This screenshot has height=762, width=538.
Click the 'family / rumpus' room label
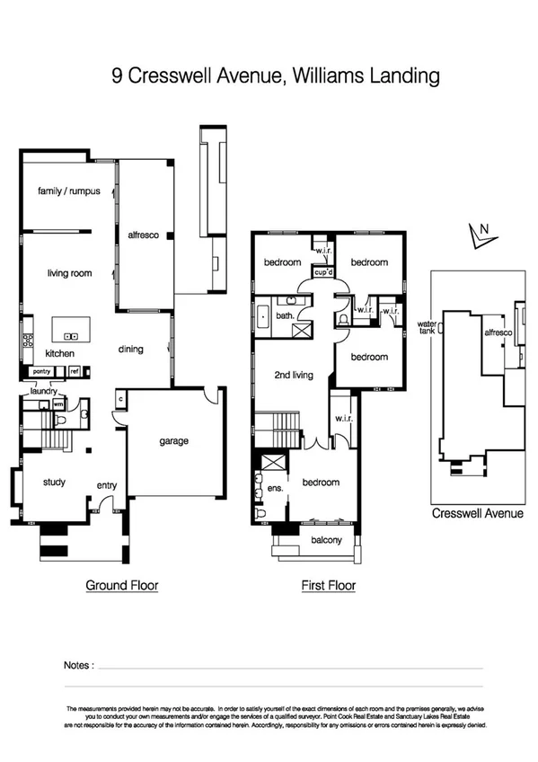click(x=68, y=191)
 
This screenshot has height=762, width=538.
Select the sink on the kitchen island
click(x=71, y=337)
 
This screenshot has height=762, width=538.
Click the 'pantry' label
click(x=40, y=370)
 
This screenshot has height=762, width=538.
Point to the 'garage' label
click(x=173, y=441)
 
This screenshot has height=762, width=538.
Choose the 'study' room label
click(x=54, y=482)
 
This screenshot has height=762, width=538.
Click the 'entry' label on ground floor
click(x=107, y=486)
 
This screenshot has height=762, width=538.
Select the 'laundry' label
click(x=43, y=391)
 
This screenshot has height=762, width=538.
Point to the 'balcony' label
click(x=327, y=540)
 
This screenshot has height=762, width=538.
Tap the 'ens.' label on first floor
click(x=276, y=488)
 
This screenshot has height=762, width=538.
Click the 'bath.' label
click(x=285, y=315)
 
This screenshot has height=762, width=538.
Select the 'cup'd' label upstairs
click(x=322, y=270)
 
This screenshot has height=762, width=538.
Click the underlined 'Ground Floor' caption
click(x=122, y=586)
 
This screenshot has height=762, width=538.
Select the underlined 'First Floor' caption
click(x=328, y=586)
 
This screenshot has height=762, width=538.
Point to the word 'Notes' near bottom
click(x=78, y=665)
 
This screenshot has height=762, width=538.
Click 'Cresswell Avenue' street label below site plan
click(x=477, y=514)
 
